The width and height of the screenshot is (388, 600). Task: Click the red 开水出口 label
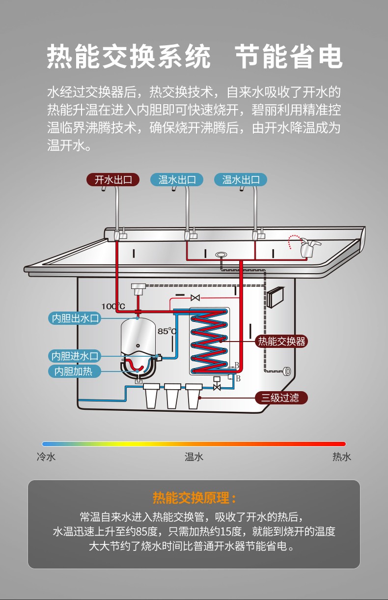pyautogui.click(x=113, y=179)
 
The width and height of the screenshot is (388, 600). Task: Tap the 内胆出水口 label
pyautogui.click(x=76, y=318)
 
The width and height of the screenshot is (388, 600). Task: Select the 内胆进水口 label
pyautogui.click(x=76, y=356)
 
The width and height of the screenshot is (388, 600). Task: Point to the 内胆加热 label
pyautogui.click(x=74, y=371)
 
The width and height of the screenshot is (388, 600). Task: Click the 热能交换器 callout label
pyautogui.click(x=281, y=341)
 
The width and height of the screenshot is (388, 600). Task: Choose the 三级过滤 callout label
pyautogui.click(x=280, y=398)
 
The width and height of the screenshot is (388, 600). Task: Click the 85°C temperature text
pyautogui.click(x=167, y=331)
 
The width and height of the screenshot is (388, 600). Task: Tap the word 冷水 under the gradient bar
pyautogui.click(x=46, y=457)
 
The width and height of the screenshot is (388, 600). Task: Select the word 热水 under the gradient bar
pyautogui.click(x=342, y=457)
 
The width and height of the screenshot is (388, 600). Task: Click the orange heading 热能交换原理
pyautogui.click(x=194, y=498)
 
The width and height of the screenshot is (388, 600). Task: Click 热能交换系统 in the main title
pyautogui.click(x=129, y=57)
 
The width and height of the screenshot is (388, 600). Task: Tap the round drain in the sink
pyautogui.click(x=221, y=255)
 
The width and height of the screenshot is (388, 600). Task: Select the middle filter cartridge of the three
pyautogui.click(x=172, y=395)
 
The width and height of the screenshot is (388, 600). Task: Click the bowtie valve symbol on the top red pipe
pyautogui.click(x=195, y=298)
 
